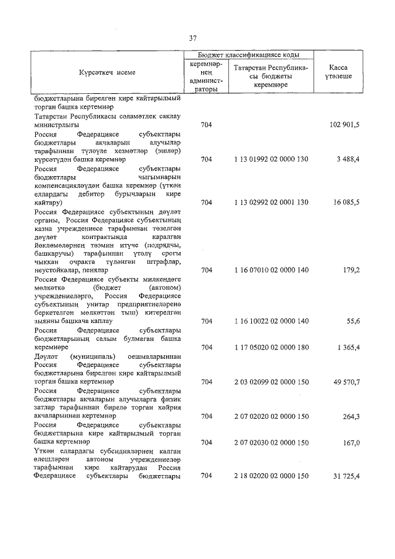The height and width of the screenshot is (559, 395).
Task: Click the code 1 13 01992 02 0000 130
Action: (271, 159)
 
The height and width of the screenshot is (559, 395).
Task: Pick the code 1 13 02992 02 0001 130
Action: (271, 202)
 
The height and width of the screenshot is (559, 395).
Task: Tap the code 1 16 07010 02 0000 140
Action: (271, 270)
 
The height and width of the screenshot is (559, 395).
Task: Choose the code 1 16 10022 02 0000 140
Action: (271, 321)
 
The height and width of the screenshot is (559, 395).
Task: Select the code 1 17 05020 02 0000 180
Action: (271, 348)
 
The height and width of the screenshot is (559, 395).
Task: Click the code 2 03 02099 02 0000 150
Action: (271, 382)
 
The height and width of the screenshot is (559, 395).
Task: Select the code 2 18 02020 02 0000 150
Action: (271, 476)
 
